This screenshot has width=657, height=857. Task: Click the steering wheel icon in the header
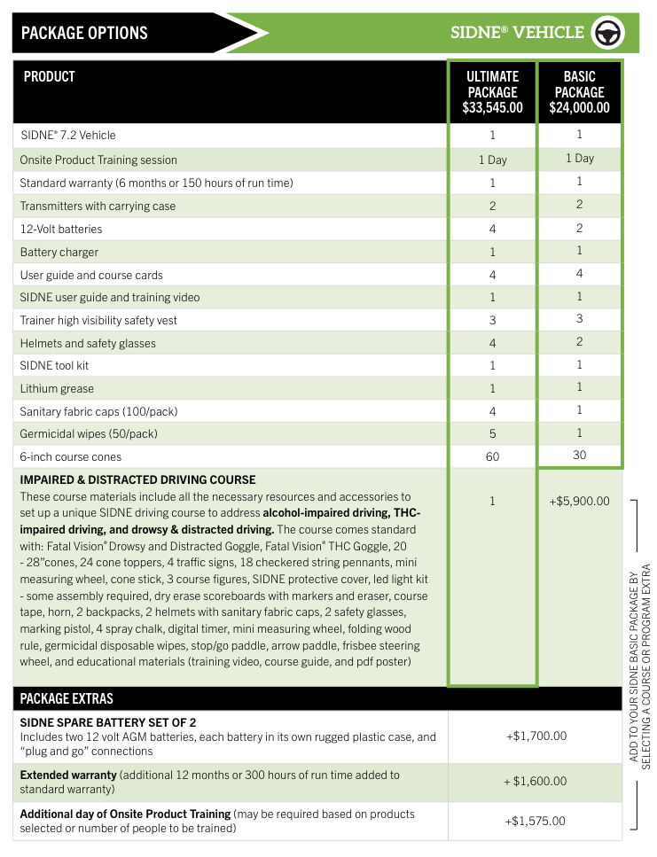pyautogui.click(x=610, y=33)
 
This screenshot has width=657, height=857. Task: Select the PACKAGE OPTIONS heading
pyautogui.click(x=84, y=34)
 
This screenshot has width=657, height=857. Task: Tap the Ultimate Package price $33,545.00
pyautogui.click(x=492, y=108)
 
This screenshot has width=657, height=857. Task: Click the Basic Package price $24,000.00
pyautogui.click(x=579, y=108)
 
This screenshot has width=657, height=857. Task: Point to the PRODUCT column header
pyautogui.click(x=50, y=77)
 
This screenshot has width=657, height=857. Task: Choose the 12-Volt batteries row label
pyautogui.click(x=61, y=229)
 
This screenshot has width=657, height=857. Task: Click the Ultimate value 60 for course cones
pyautogui.click(x=492, y=456)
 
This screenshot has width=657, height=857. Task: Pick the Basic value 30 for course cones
pyautogui.click(x=579, y=455)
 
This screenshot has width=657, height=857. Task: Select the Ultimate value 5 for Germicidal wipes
pyautogui.click(x=492, y=434)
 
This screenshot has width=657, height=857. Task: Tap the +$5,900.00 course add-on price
pyautogui.click(x=579, y=501)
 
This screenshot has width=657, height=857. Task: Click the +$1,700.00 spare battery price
pyautogui.click(x=536, y=736)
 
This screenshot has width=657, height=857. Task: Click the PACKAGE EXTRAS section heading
pyautogui.click(x=67, y=698)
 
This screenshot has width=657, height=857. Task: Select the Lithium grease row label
pyautogui.click(x=57, y=388)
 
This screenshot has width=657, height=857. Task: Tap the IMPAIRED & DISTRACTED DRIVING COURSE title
pyautogui.click(x=137, y=479)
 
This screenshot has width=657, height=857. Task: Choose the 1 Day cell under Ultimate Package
pyautogui.click(x=492, y=160)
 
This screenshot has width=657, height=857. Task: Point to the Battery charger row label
pyautogui.click(x=59, y=252)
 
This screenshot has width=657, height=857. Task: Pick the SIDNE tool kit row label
pyautogui.click(x=54, y=365)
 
